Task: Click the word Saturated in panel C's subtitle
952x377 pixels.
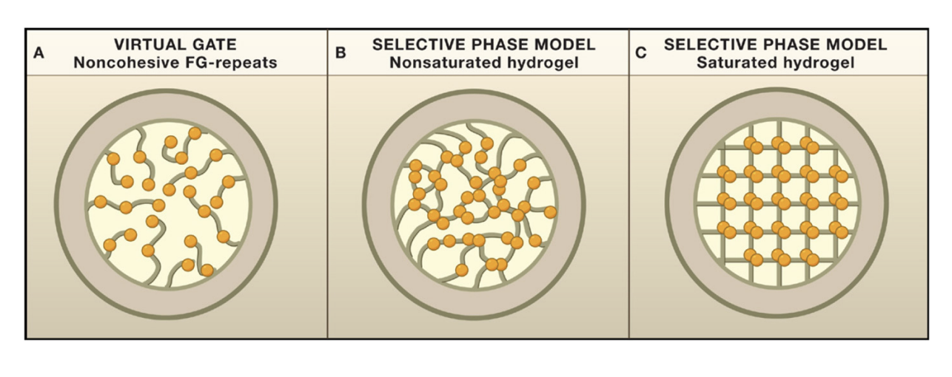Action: tap(733, 63)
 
